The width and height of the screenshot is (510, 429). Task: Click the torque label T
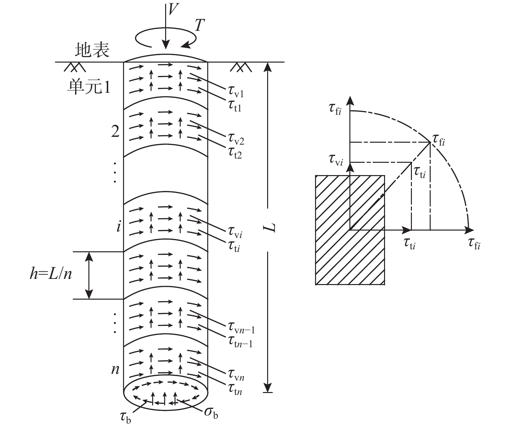tap(200, 25)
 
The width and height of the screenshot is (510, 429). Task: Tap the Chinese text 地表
tap(92, 50)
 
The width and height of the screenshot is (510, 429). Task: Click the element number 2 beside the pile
tap(115, 131)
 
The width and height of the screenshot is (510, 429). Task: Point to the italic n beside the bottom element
tap(115, 369)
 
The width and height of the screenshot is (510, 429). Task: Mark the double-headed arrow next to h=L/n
tap(89, 275)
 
